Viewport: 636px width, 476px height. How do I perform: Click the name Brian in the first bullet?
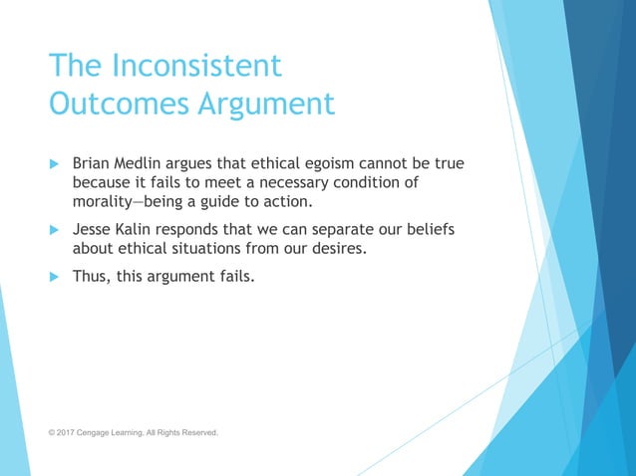[95, 163]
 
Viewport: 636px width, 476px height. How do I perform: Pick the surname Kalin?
[143, 229]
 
